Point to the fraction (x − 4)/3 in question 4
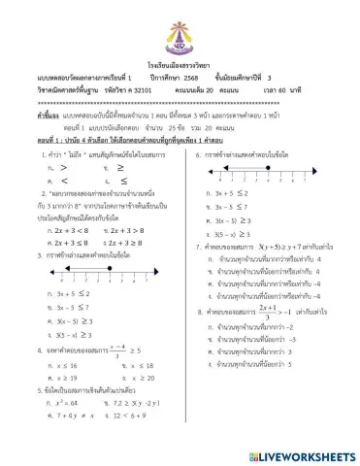point(117,347)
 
